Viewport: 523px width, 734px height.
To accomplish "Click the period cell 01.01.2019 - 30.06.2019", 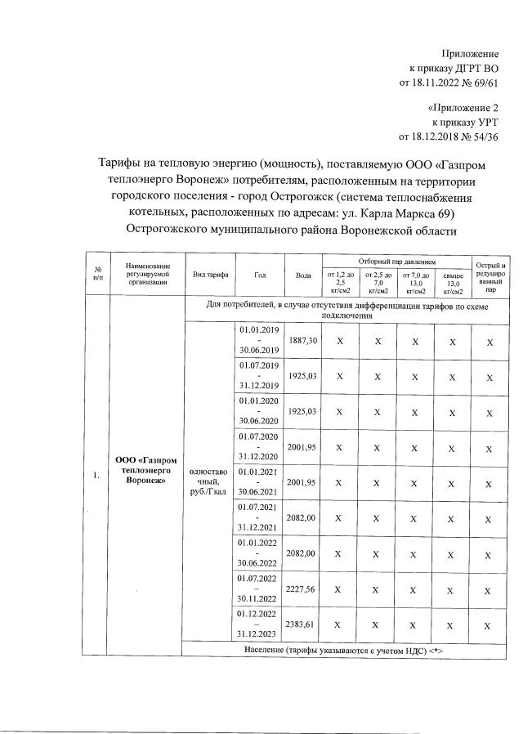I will (x=258, y=339).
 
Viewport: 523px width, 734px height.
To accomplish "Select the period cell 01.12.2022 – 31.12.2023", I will (x=258, y=624).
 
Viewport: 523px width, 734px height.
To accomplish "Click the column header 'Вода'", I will (x=302, y=275).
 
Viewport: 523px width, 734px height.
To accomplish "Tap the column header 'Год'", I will (x=260, y=275).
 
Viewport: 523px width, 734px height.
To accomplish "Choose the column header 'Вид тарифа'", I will (x=211, y=275).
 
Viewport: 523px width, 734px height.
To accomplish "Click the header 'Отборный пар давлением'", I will (x=396, y=259).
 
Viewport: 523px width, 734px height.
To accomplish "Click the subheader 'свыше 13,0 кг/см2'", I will (x=453, y=282).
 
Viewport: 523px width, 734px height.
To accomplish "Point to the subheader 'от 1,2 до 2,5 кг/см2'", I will (x=340, y=282).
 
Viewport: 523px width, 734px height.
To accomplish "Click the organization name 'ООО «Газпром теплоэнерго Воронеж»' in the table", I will (x=147, y=472).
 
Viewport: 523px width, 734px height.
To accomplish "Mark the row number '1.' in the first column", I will (x=97, y=477).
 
